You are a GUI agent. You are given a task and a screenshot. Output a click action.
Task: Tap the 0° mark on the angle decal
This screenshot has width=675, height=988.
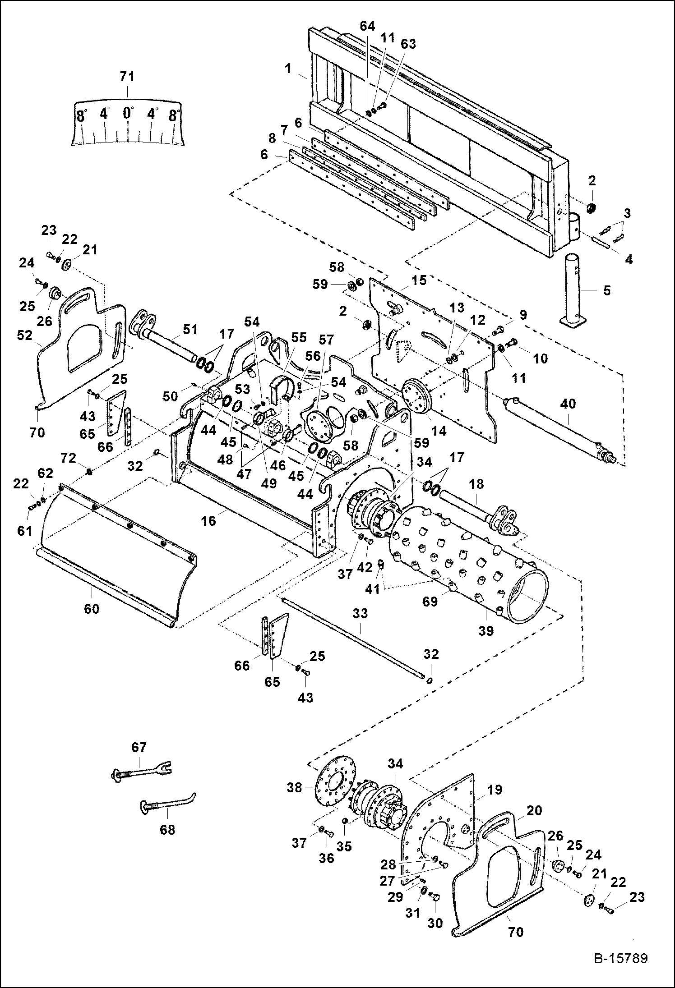tap(128, 113)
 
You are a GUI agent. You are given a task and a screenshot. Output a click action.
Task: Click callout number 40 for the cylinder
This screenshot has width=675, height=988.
tap(568, 404)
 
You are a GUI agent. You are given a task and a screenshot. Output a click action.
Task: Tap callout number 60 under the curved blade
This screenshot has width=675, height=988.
tap(92, 609)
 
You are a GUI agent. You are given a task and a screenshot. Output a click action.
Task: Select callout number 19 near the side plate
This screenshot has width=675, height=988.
tap(495, 790)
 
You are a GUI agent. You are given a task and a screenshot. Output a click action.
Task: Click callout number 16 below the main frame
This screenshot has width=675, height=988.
tap(208, 521)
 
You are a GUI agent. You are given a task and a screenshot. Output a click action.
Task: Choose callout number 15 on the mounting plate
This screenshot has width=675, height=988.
tap(419, 280)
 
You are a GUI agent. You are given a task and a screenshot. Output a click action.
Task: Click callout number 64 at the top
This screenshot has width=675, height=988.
tap(367, 26)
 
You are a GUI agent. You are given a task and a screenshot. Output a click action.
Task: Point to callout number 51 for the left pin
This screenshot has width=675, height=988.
tap(190, 329)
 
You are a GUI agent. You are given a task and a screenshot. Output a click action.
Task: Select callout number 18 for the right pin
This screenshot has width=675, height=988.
tap(476, 484)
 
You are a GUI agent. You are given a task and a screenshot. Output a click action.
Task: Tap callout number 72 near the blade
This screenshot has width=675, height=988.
tap(69, 459)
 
